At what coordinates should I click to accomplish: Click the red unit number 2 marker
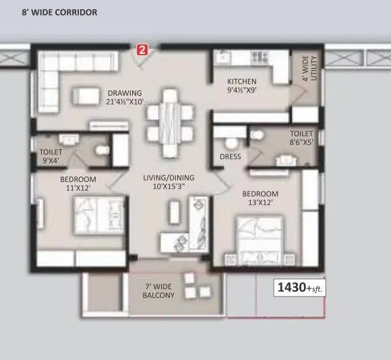(x=142, y=49)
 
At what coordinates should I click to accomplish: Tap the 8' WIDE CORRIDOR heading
(x=59, y=12)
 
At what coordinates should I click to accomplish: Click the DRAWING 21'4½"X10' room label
(x=125, y=98)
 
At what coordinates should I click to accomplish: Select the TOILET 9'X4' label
(x=51, y=156)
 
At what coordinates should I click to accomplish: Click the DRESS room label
(x=231, y=158)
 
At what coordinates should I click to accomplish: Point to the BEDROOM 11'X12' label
(x=78, y=183)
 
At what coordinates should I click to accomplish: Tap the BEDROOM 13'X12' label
(x=261, y=199)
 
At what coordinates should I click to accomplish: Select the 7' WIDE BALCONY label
(x=159, y=291)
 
